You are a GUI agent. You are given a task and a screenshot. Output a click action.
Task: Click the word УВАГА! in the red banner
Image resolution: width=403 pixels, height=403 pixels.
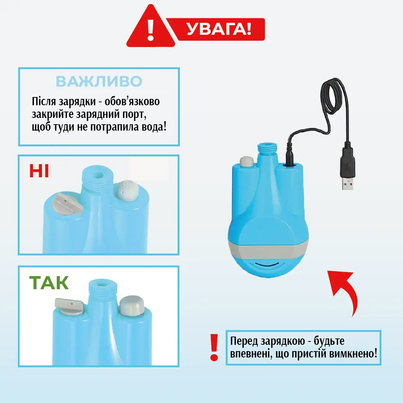pyautogui.click(x=219, y=29)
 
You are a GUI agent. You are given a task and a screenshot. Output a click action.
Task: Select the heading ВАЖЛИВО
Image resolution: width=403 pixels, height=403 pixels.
pyautogui.click(x=99, y=81)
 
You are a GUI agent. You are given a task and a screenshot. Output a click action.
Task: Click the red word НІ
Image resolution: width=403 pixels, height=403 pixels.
pyautogui.click(x=39, y=171)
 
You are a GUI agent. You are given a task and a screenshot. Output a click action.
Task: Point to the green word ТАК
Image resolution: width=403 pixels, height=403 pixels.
pyautogui.click(x=49, y=283)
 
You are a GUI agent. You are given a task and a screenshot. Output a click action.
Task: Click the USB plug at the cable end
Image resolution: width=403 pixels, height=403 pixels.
pyautogui.click(x=348, y=168)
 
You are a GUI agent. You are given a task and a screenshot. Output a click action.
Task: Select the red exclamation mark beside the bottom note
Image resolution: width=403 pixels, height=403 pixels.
pyautogui.click(x=214, y=348)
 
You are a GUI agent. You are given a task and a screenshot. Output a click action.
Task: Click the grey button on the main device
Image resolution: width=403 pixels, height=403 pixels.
pyautogui.click(x=247, y=161)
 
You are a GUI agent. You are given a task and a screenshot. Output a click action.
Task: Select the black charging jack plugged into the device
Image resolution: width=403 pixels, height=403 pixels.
pyautogui.click(x=290, y=157)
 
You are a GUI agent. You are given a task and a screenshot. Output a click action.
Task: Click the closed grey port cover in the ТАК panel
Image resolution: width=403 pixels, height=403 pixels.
pyautogui.click(x=69, y=306)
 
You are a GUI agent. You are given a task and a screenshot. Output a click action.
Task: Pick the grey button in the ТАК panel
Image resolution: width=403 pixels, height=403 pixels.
pyautogui.click(x=132, y=306)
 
